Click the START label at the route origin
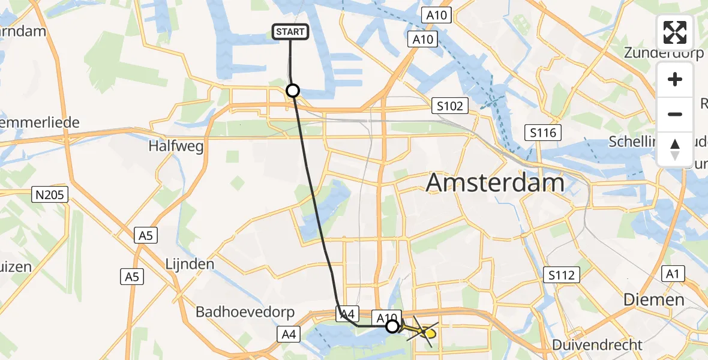pyautogui.click(x=291, y=32)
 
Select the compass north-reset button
pyautogui.click(x=675, y=149)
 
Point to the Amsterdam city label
pyautogui.click(x=495, y=183)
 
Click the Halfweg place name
pyautogui.click(x=176, y=146)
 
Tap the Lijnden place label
pyautogui.click(x=190, y=264)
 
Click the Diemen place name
pyautogui.click(x=653, y=299)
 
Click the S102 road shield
pyautogui.click(x=450, y=106)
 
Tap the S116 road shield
pyautogui.click(x=542, y=133)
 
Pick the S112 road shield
pyautogui.click(x=562, y=275)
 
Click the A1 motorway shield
pyautogui.click(x=672, y=274)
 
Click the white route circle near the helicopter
pyautogui.click(x=392, y=326)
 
